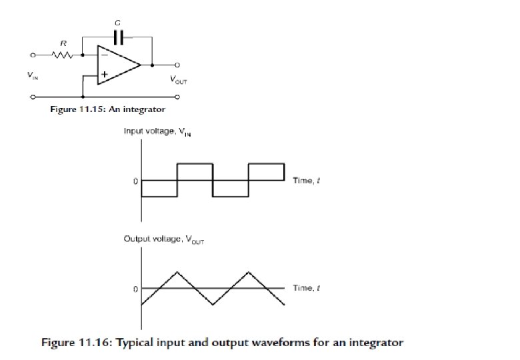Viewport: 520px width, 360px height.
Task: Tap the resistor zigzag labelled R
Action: pos(63,56)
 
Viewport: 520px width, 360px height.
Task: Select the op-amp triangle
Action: pos(117,65)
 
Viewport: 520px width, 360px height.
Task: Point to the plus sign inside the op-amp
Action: pos(104,75)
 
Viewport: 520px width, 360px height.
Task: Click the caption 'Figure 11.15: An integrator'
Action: pos(108,109)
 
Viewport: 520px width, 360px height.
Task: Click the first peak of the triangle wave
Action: pos(177,272)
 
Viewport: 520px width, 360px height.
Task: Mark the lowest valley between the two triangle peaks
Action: pos(213,305)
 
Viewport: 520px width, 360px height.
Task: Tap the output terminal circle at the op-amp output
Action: pos(177,65)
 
